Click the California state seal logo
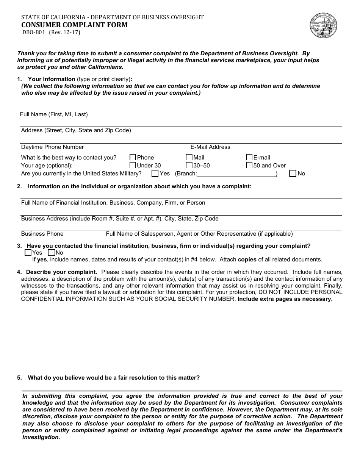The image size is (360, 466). pos(323,25)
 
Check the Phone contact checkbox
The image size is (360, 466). pos(133,157)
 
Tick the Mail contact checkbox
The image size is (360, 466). pos(189,157)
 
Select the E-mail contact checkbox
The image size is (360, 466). pos(249,157)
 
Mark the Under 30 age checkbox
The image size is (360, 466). pos(133,165)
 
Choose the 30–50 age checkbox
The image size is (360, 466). pos(189,165)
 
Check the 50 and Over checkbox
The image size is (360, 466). pos(249,165)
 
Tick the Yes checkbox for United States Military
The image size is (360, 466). pos(155,174)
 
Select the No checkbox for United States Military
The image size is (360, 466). pos(293,174)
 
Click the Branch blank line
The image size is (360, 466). pos(236,174)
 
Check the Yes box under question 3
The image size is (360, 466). pos(28,253)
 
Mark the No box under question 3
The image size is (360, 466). pos(52,253)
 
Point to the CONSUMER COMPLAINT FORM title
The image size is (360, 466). pos(74,25)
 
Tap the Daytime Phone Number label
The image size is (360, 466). pos(52,147)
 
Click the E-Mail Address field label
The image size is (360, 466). pos(210,147)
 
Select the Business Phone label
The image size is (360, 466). pos(42,234)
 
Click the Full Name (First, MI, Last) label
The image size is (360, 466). pos(54,114)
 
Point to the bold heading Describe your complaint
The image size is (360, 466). pos(61,272)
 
